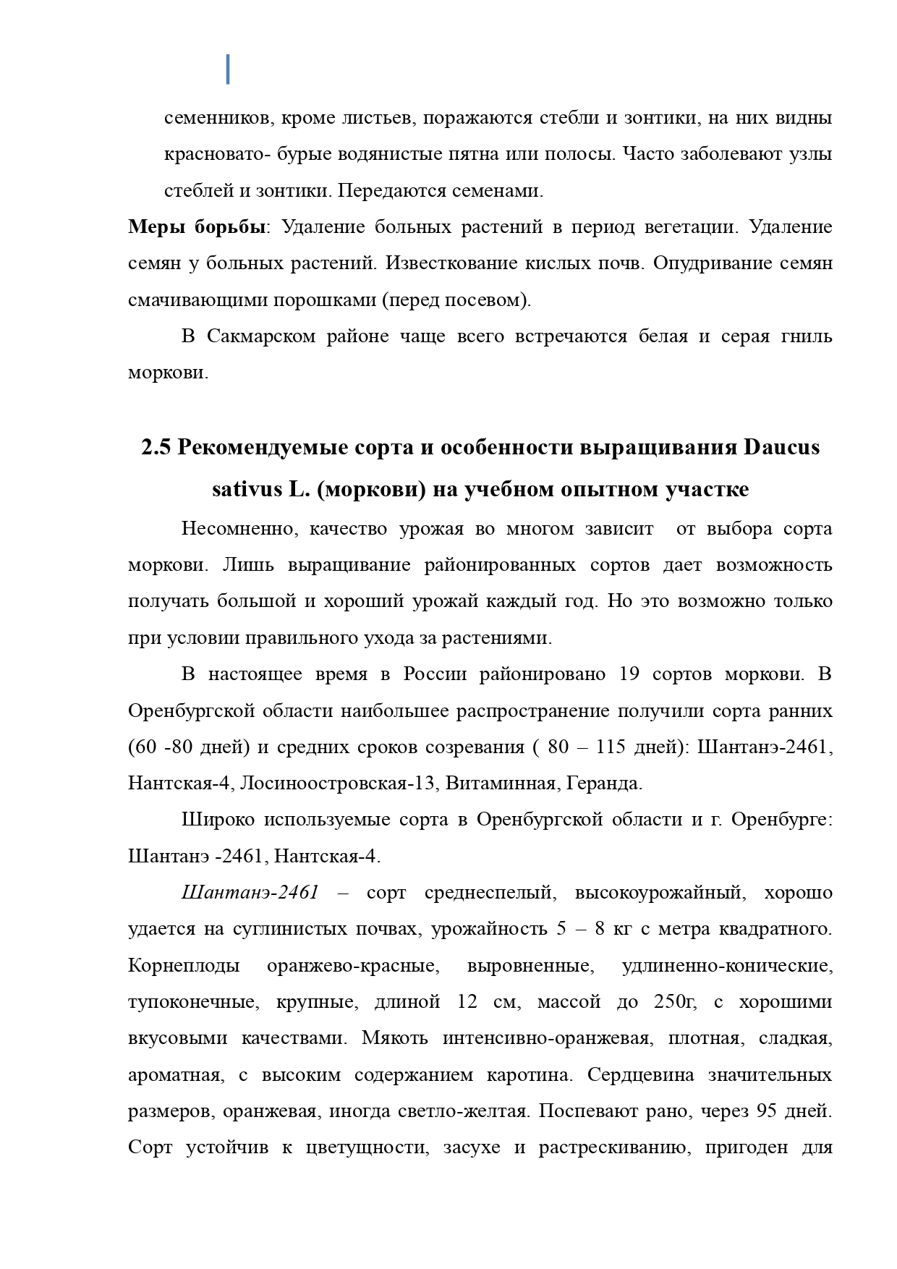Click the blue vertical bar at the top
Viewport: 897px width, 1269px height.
(x=228, y=69)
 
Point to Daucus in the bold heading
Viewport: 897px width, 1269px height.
(x=781, y=448)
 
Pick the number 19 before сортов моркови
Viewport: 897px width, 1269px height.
(x=631, y=674)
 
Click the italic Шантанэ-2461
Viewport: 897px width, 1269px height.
(x=250, y=893)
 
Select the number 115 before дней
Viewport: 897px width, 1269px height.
(x=611, y=747)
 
